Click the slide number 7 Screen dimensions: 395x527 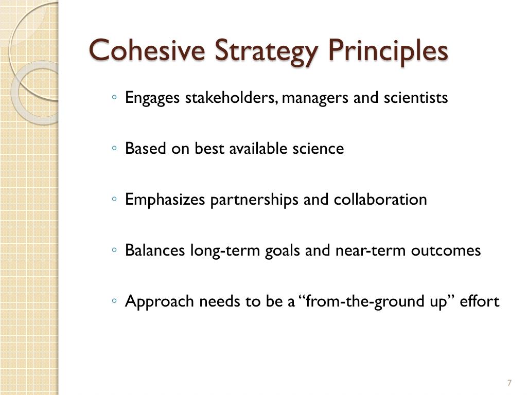coord(509,383)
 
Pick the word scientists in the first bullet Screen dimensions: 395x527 coord(416,98)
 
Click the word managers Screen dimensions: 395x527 coord(315,98)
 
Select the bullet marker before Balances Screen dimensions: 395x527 coord(114,250)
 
